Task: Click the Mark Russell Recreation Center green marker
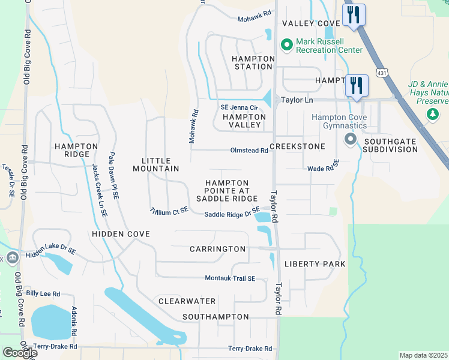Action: [286, 45]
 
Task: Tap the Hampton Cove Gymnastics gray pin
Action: [351, 139]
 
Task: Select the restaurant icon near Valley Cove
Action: [353, 15]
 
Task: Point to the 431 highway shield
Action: [382, 73]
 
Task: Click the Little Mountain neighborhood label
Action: [160, 164]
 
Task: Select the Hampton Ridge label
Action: [76, 150]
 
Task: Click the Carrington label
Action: [218, 249]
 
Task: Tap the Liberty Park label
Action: [315, 264]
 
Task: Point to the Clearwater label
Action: [187, 301]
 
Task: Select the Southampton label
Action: [215, 316]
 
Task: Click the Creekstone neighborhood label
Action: [297, 146]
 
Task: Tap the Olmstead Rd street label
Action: [249, 151]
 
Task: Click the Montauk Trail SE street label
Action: [231, 278]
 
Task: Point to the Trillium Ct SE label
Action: [169, 211]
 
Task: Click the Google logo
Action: [19, 353]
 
